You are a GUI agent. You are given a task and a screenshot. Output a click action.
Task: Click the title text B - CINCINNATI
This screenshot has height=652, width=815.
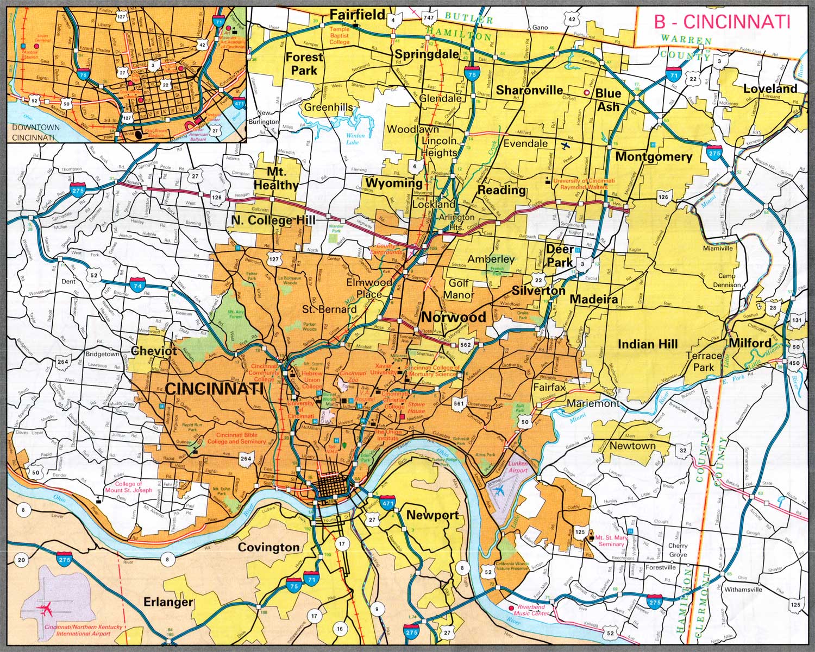[x=722, y=21]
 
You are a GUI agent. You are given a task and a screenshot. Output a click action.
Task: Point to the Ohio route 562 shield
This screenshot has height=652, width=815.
[x=466, y=344]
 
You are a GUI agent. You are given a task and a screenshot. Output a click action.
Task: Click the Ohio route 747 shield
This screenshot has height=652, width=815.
[x=429, y=18]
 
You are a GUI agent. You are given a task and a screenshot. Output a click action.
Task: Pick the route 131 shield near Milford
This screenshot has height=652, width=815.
[x=797, y=320]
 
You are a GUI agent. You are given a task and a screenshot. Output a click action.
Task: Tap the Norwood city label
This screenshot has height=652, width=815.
[x=454, y=317]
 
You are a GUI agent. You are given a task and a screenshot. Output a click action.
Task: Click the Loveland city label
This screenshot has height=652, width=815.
[x=770, y=88]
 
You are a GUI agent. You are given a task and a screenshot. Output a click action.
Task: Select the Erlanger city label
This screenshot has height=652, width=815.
[x=168, y=602]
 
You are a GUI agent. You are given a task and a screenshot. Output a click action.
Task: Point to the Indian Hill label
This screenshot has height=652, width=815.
[x=648, y=344]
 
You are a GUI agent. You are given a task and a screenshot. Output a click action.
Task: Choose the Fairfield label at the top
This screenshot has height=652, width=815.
[x=358, y=15]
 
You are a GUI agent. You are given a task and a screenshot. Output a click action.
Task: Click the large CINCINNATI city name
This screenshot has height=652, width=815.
[x=214, y=389]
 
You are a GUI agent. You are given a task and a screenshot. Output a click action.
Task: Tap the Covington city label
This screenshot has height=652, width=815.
[x=268, y=547]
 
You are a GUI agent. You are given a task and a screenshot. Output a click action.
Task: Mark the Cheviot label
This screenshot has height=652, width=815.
[x=154, y=351]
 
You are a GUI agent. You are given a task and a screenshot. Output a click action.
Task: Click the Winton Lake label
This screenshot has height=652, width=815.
[x=356, y=139]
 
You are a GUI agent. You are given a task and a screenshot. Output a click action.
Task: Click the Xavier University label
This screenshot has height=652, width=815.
[x=383, y=369]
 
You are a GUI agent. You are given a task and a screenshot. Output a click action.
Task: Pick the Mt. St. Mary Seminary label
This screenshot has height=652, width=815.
[x=611, y=541]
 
